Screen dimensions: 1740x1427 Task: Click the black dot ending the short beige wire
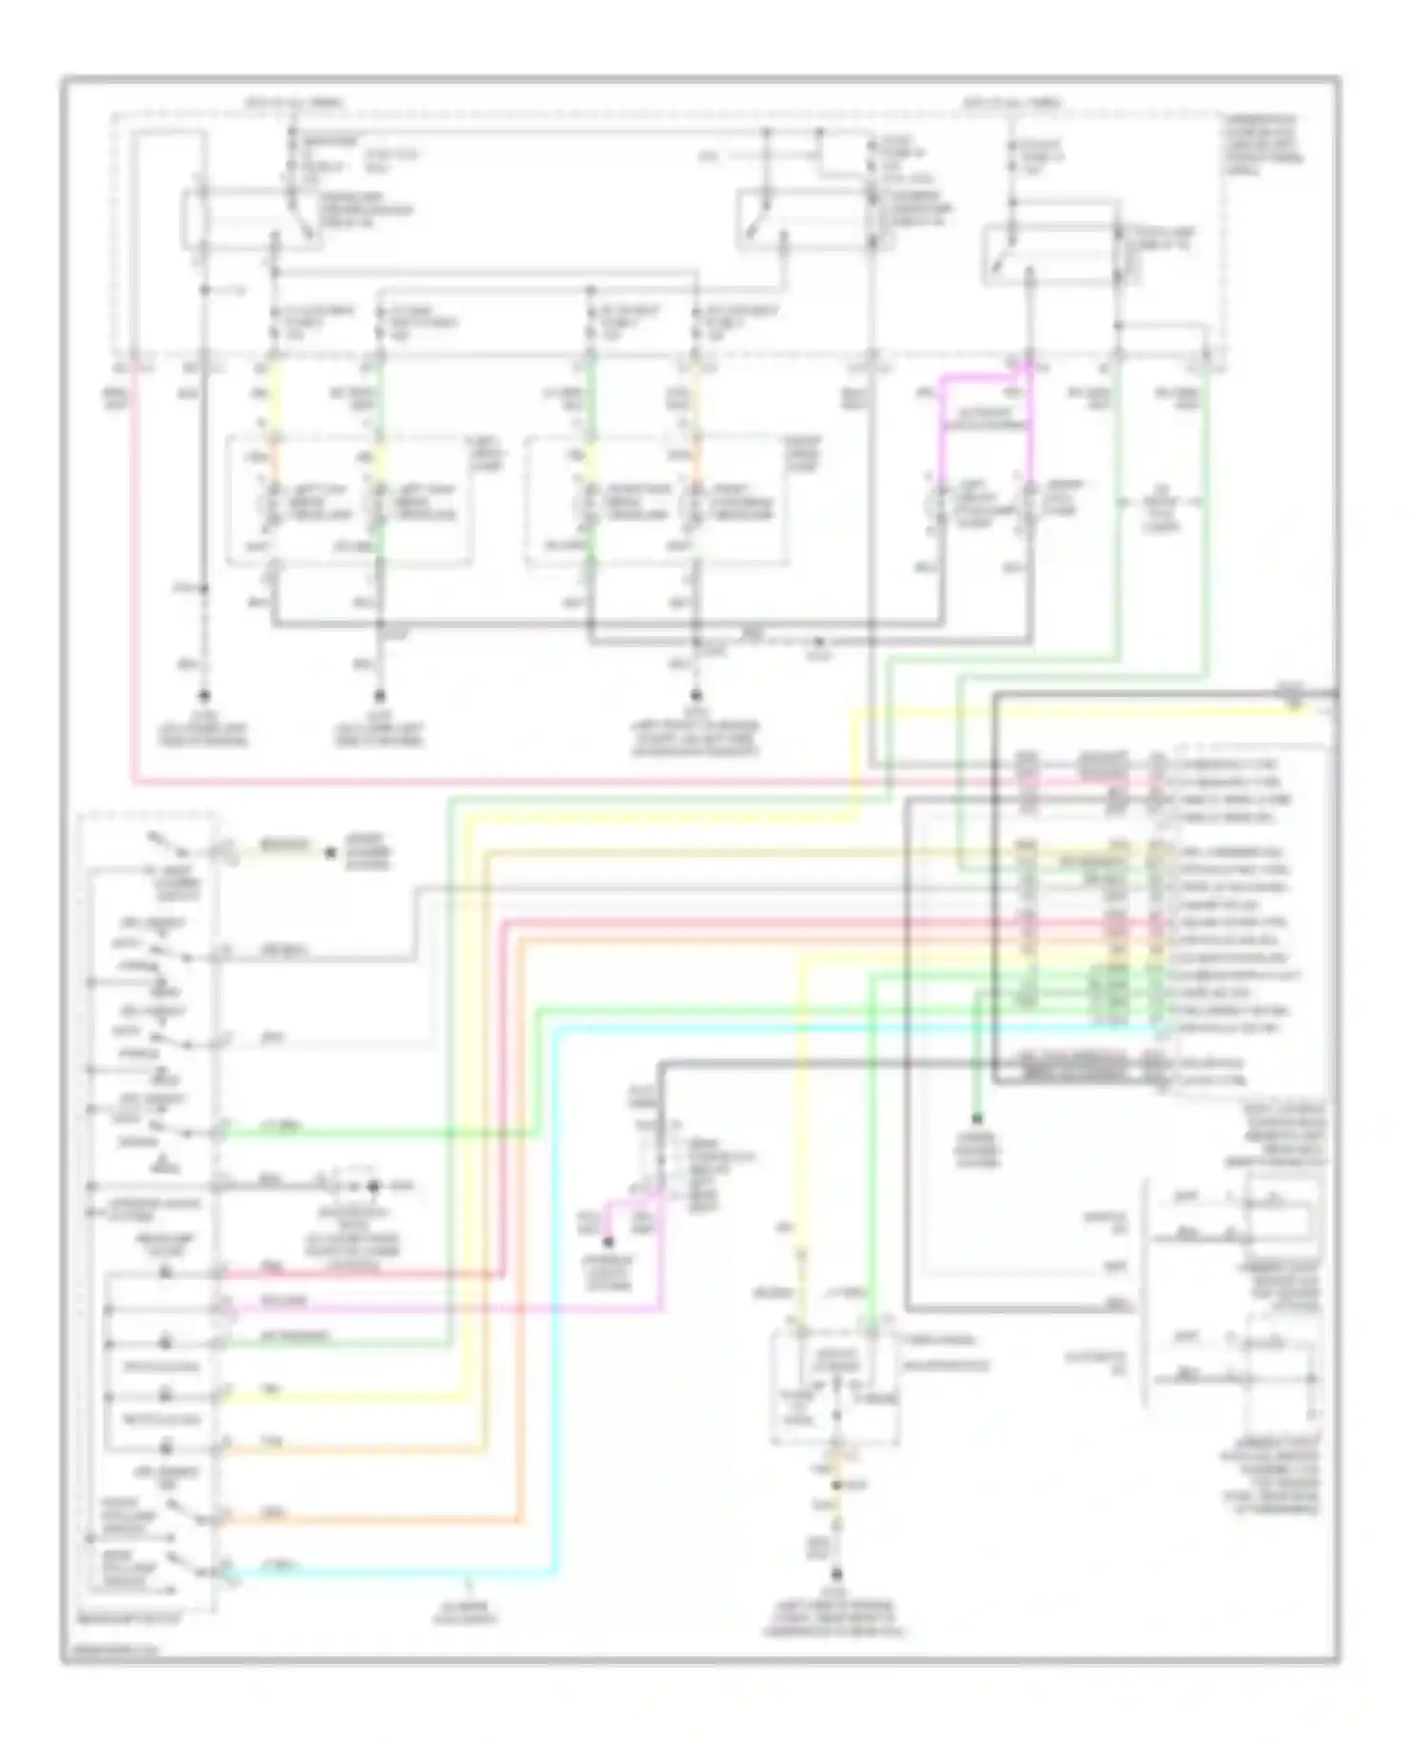coord(330,853)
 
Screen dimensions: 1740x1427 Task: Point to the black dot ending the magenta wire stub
coord(608,1243)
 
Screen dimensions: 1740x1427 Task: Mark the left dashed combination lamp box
coord(348,502)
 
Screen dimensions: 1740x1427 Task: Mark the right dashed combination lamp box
coord(656,502)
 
